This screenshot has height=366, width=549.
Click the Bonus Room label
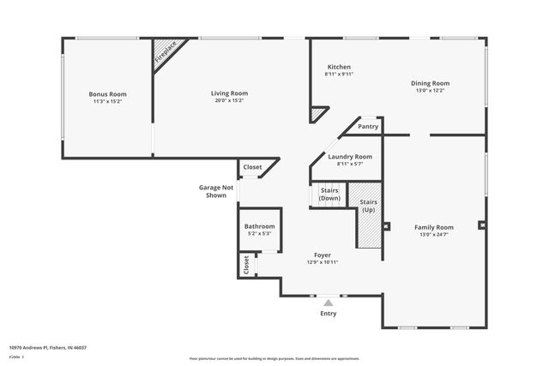(x=107, y=93)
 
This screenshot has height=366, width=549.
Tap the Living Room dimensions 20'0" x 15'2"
(x=229, y=100)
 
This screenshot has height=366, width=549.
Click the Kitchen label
(x=339, y=67)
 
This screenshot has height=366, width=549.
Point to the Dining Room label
(x=431, y=83)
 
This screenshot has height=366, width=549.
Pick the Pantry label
(x=368, y=126)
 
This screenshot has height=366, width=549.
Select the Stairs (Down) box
(x=329, y=195)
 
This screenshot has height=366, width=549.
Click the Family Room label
(x=434, y=227)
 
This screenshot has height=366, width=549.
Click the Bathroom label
(x=260, y=226)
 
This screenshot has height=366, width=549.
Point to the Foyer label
(x=323, y=255)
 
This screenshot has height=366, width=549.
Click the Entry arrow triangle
(x=328, y=302)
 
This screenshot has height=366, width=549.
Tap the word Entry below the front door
(x=328, y=314)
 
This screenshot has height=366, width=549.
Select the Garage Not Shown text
(x=215, y=191)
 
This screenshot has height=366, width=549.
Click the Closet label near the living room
(x=252, y=167)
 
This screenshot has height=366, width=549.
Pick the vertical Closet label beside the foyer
(x=246, y=264)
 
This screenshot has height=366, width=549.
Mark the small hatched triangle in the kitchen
(x=317, y=113)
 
